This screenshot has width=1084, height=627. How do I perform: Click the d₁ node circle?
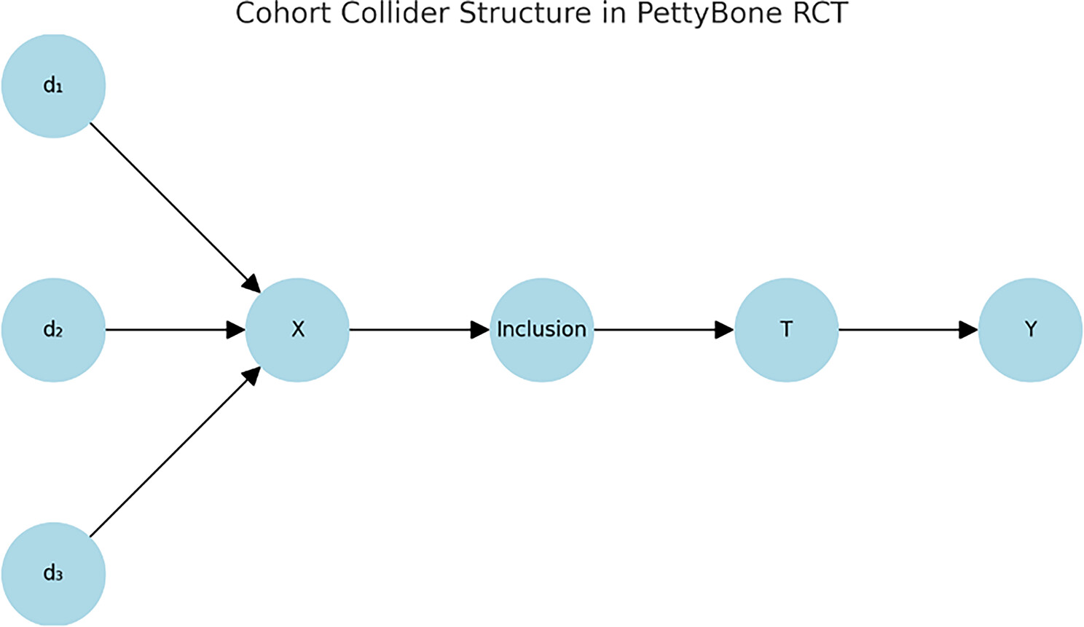(x=53, y=86)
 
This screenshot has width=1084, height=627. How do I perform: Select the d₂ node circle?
(x=53, y=330)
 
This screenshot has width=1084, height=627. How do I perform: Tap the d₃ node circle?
(x=53, y=574)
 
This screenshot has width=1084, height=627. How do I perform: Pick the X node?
(x=297, y=330)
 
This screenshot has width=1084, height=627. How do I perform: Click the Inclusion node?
(x=541, y=330)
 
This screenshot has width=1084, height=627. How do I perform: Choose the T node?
(x=786, y=330)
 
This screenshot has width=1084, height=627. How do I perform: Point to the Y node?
(x=1030, y=330)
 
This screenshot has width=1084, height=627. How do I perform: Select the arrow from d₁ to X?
(x=171, y=204)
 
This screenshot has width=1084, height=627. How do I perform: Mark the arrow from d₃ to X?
(x=171, y=455)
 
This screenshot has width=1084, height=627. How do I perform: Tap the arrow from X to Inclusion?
(x=415, y=330)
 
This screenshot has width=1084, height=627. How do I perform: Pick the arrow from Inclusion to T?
(x=659, y=330)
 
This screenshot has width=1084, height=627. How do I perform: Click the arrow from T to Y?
(x=903, y=330)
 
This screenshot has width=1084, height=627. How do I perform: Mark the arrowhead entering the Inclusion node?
(x=480, y=330)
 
